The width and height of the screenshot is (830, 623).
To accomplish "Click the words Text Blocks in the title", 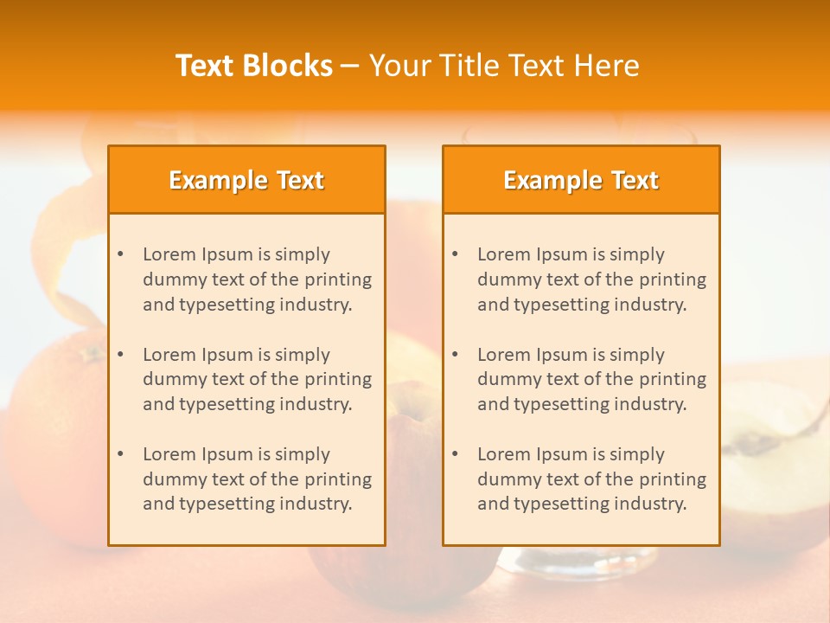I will click(253, 66).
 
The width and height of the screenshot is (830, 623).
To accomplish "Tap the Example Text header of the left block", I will click(246, 180).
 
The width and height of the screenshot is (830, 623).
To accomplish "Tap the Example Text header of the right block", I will click(581, 180).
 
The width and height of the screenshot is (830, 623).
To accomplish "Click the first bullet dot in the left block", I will click(120, 254).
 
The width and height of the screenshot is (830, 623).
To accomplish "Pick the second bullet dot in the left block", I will click(120, 355).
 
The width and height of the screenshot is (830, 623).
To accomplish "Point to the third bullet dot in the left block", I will click(120, 454).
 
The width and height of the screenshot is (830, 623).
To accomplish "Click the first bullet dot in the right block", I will click(455, 254).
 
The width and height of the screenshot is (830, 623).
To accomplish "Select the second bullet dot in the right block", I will click(455, 355).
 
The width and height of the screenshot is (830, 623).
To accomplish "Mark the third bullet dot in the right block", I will click(455, 454).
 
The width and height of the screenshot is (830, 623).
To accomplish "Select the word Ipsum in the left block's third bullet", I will click(227, 454).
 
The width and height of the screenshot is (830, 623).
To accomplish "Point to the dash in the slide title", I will click(350, 66).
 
